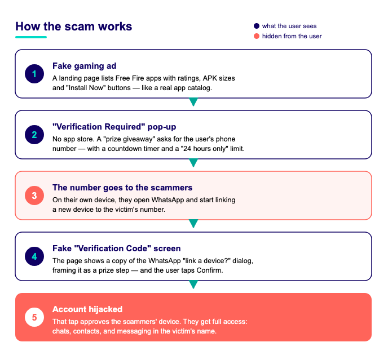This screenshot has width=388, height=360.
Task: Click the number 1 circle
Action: [x=34, y=74]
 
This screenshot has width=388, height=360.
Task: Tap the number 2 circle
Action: [x=34, y=135]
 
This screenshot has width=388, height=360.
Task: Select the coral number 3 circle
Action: [x=34, y=195]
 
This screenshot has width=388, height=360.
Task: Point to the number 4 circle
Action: [x=34, y=256]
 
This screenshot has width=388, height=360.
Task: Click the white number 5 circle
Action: [x=34, y=317]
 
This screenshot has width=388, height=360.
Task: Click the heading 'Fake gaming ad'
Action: [x=85, y=66]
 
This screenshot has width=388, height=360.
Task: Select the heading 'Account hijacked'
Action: [x=87, y=309]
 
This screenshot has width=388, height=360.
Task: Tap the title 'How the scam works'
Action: [x=74, y=26]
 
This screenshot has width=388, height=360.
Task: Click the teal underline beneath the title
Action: [x=31, y=37]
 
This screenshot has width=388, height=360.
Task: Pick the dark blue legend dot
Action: [x=257, y=26]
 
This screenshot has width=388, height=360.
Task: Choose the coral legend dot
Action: [x=257, y=36]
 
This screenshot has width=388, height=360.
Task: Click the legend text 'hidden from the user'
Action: [x=292, y=36]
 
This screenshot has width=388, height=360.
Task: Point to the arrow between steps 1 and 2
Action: [x=193, y=101]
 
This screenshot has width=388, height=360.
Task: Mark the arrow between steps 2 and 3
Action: [x=193, y=162]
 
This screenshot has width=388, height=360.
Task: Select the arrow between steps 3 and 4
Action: [x=193, y=223]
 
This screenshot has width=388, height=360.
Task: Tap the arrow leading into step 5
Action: [x=193, y=284]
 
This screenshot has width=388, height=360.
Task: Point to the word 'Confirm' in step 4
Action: [x=210, y=270]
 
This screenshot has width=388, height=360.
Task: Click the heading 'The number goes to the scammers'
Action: [x=122, y=188]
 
